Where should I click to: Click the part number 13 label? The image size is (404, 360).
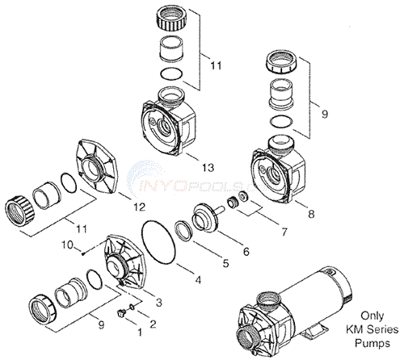click(x=208, y=168)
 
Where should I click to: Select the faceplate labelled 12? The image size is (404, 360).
click(x=96, y=173)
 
